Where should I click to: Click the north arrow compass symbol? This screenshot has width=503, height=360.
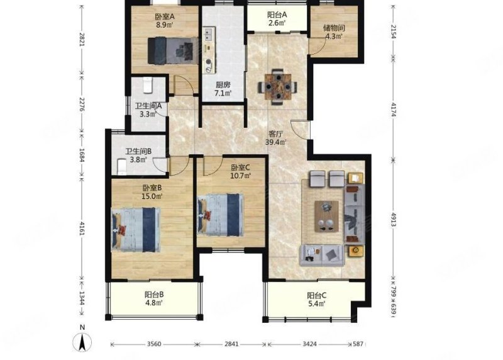click(x=82, y=342)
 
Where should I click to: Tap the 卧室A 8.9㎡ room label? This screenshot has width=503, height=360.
click(x=165, y=21)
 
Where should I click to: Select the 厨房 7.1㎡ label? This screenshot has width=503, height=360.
click(x=223, y=89)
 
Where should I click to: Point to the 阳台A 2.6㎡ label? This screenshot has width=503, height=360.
click(x=277, y=19)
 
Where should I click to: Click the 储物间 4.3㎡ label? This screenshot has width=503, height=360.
click(x=334, y=32)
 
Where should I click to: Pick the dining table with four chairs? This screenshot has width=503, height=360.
click(x=278, y=87)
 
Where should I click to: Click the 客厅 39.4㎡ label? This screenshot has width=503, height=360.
click(x=275, y=138)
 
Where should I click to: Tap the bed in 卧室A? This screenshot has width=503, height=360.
click(x=173, y=50)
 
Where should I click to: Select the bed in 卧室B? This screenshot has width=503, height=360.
click(x=136, y=229)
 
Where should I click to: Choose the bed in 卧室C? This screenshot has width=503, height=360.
click(x=221, y=215)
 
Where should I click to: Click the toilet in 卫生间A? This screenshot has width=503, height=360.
click(x=148, y=85)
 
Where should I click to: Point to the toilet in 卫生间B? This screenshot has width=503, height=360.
click(x=122, y=167)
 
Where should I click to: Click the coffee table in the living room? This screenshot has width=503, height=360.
click(x=326, y=216)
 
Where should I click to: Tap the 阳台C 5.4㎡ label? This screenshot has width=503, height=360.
click(x=317, y=300)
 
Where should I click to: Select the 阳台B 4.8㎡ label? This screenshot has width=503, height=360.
click(x=154, y=298)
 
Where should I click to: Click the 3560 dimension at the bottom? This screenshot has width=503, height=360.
click(x=154, y=344)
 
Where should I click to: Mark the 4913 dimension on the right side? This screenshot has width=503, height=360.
click(x=394, y=220)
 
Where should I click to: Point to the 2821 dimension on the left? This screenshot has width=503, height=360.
click(x=82, y=40)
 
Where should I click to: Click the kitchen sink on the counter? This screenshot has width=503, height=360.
click(x=209, y=35)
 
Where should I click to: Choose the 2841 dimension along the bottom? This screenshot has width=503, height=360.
click(x=231, y=344)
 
